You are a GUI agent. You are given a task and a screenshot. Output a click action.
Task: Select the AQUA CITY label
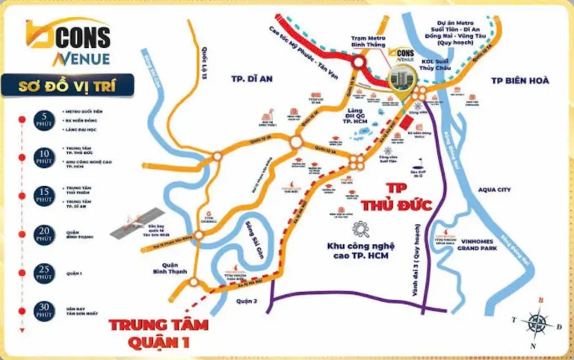click(x=493, y=190)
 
